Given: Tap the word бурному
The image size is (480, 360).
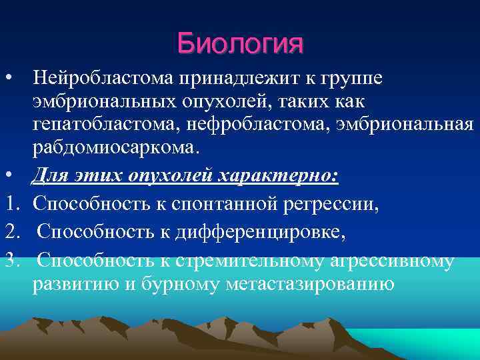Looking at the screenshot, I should [x=190, y=283].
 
